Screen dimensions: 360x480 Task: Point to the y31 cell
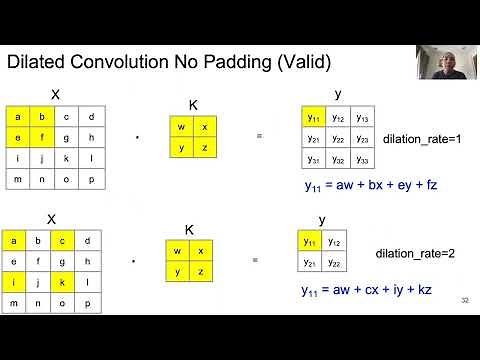click(x=314, y=158)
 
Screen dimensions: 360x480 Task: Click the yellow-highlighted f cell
click(x=42, y=138)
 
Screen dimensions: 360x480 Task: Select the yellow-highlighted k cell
click(x=66, y=283)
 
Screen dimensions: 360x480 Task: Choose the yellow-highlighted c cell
click(x=66, y=241)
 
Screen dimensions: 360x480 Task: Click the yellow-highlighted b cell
click(x=42, y=117)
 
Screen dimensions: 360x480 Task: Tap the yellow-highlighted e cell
click(x=17, y=138)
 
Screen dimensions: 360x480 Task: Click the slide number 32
click(x=465, y=301)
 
